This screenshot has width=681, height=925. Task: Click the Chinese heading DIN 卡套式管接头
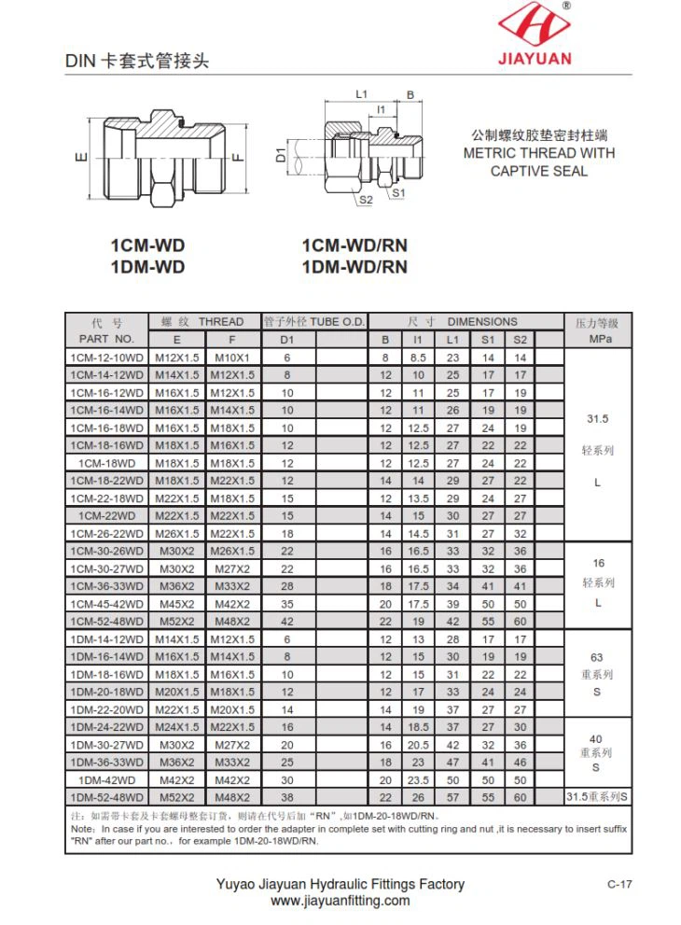pos(137,62)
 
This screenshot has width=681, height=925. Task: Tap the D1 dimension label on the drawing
pos(282,155)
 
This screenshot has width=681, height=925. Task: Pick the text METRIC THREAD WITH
pos(539,153)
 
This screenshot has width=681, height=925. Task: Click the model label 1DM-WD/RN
pos(354,267)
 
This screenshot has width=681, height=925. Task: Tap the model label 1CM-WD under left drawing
pos(147,246)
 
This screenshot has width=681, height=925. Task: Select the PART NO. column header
pos(106,339)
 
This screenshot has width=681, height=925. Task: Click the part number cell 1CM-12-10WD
pos(106,357)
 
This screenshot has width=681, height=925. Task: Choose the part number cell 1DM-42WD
pos(106,779)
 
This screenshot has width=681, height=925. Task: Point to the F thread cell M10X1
pos(232,357)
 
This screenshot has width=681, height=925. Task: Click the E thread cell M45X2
pos(177,603)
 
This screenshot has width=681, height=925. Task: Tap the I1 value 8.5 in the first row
pos(418,357)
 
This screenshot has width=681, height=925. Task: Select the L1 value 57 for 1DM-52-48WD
pos(452,797)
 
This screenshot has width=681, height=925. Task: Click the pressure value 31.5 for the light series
pos(597,419)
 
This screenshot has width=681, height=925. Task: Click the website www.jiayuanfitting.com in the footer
pos(340,901)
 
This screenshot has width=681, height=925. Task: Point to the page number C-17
pos(619,884)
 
